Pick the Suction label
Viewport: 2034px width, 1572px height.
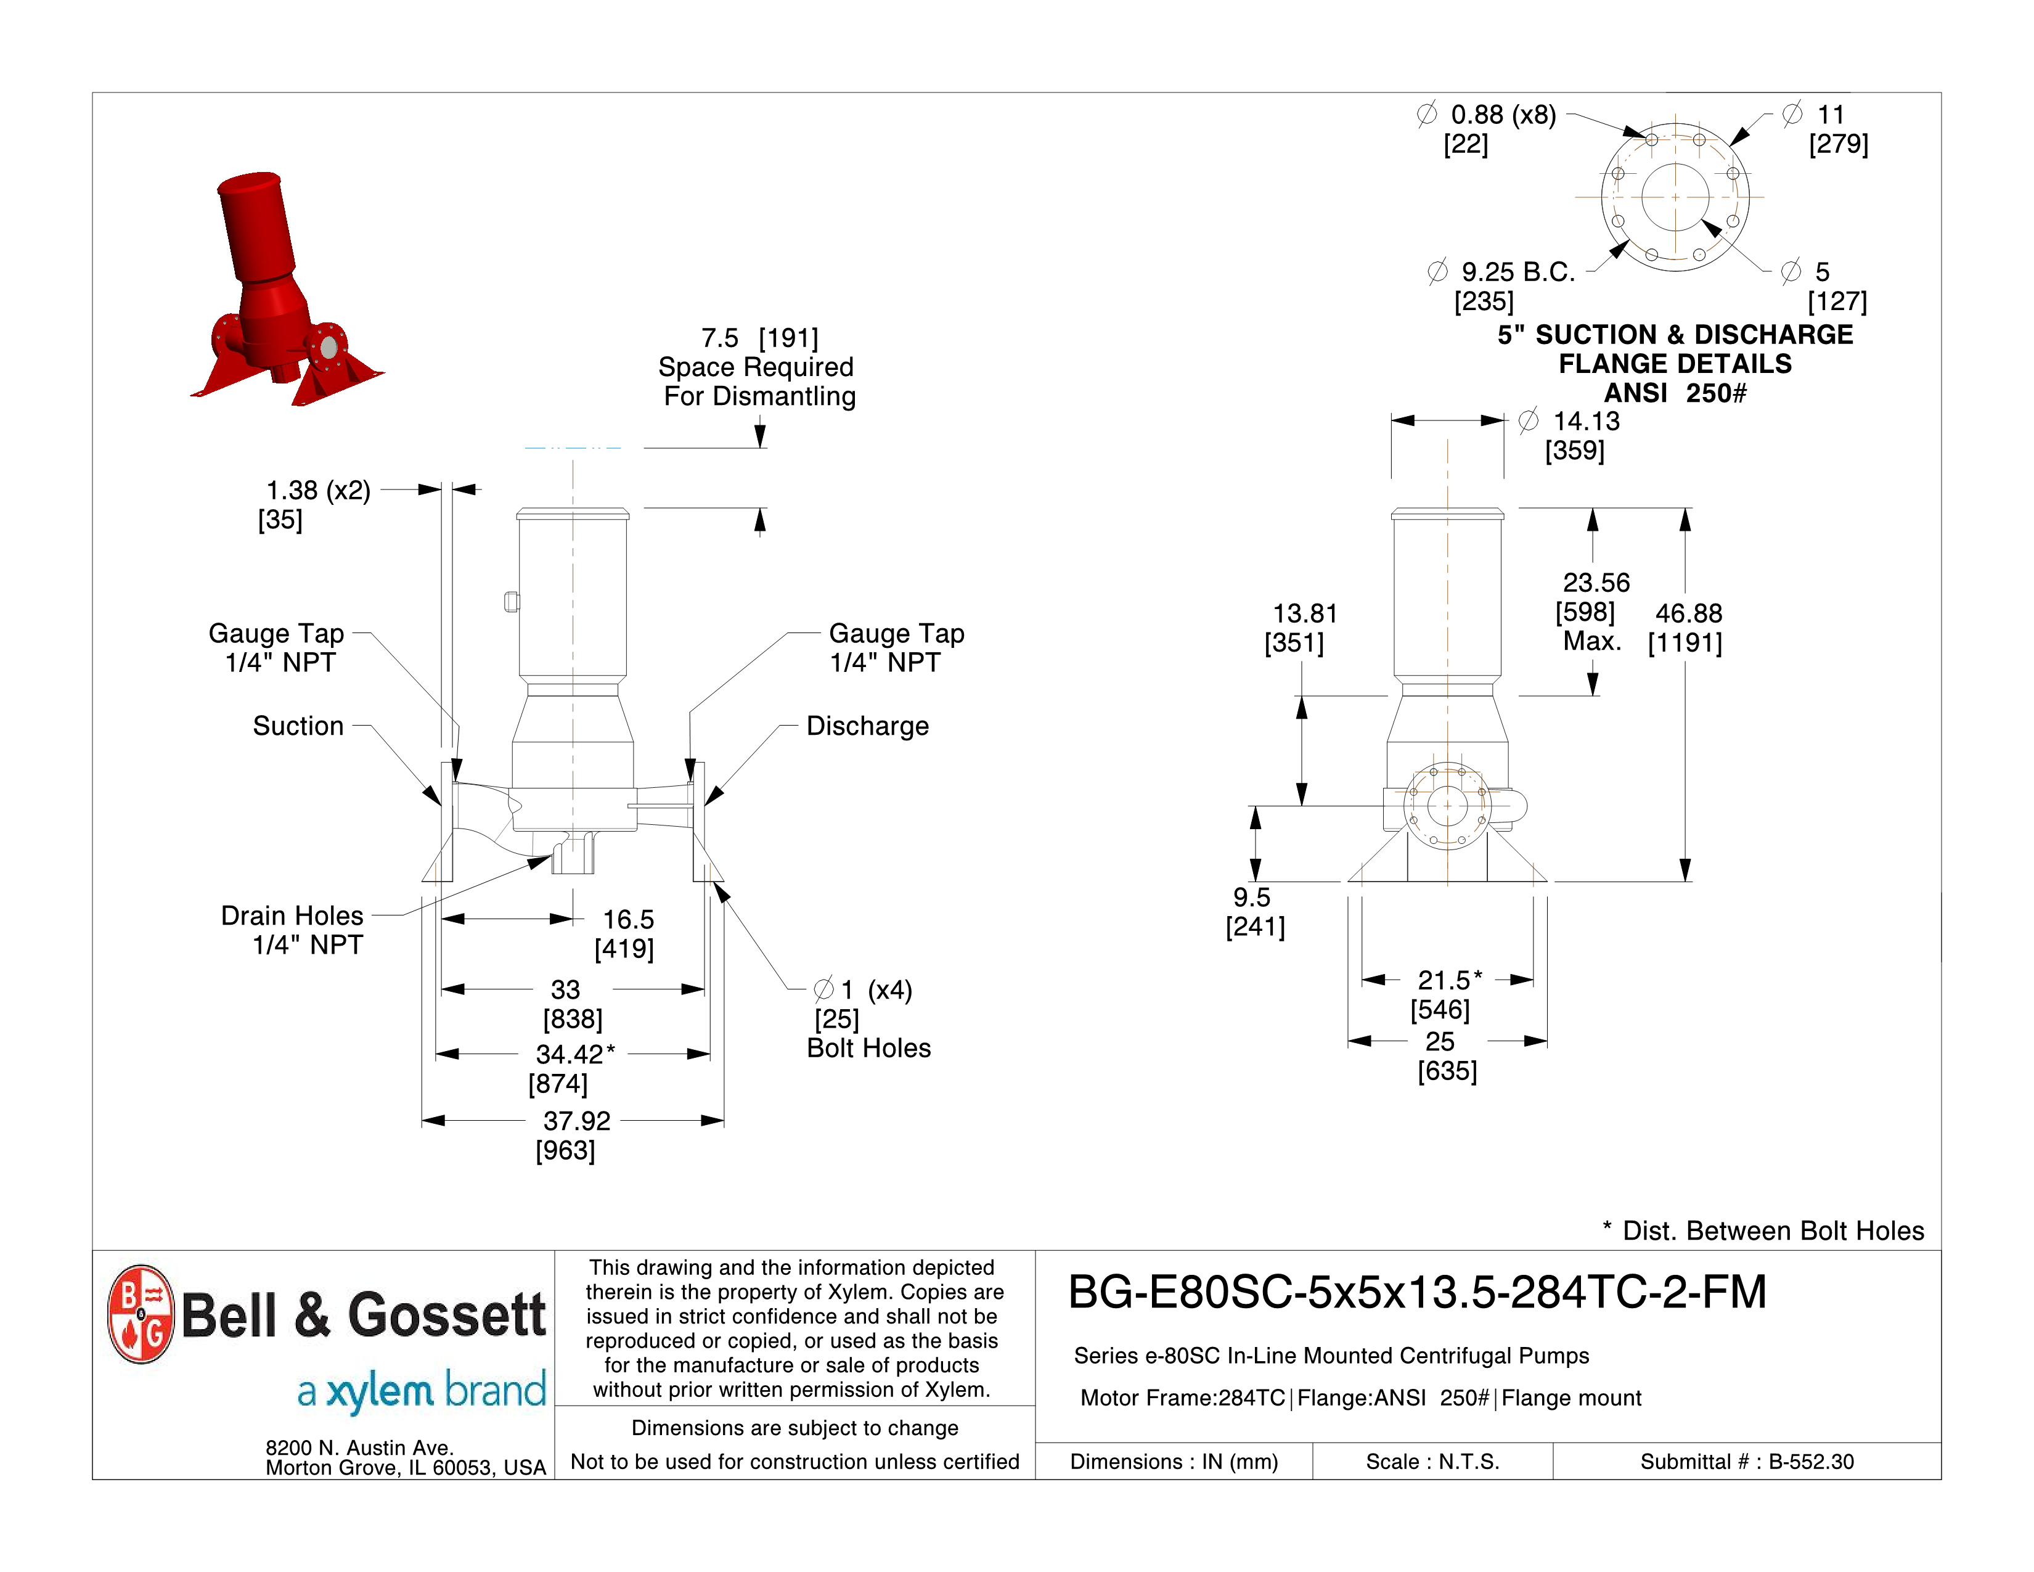[298, 726]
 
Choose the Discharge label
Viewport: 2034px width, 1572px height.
[867, 726]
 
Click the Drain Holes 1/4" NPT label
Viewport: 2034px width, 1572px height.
[292, 930]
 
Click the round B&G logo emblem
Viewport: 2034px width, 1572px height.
[141, 1314]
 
